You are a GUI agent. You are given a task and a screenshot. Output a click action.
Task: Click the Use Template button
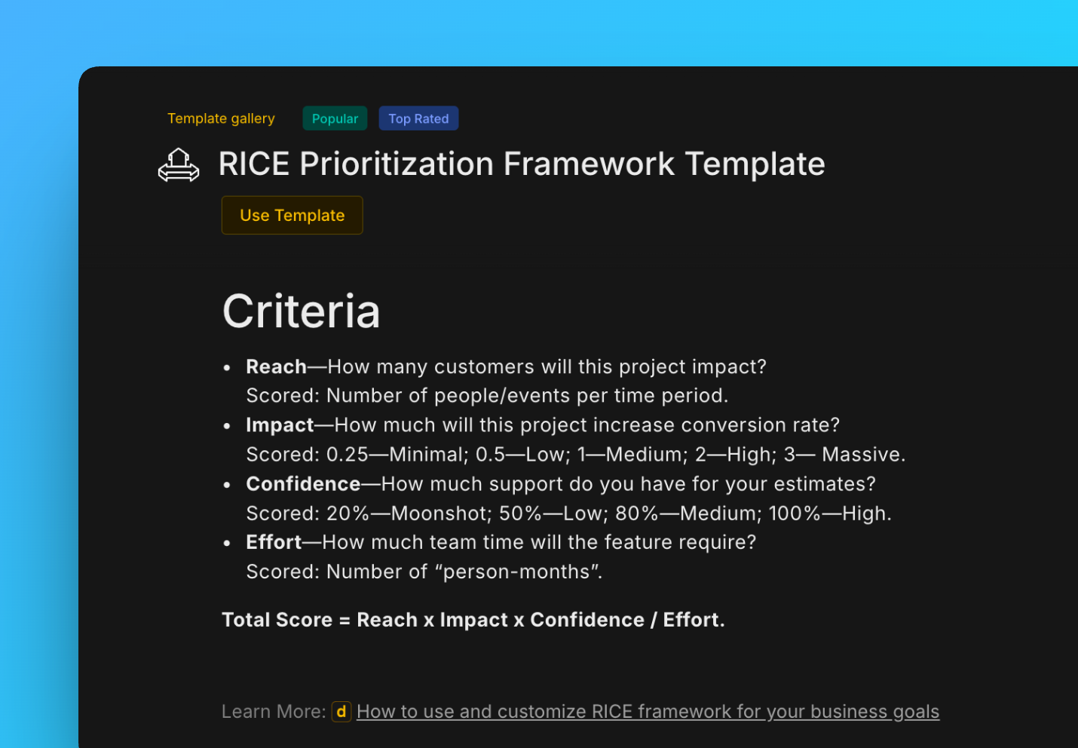(x=292, y=215)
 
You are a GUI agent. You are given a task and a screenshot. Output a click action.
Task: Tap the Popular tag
(x=335, y=118)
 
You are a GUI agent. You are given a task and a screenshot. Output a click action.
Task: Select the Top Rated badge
(x=418, y=118)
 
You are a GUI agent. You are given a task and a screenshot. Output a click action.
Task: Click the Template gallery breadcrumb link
(x=221, y=118)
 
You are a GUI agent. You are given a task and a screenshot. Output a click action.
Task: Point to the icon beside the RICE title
(x=179, y=165)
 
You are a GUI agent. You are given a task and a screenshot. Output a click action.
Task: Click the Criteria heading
(x=302, y=311)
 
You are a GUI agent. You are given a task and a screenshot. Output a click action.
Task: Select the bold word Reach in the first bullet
(x=276, y=366)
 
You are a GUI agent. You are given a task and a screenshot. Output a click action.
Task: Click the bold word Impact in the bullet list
(x=280, y=425)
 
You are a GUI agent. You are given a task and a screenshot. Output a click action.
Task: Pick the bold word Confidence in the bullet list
(x=303, y=484)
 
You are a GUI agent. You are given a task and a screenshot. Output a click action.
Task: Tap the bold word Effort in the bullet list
(x=274, y=542)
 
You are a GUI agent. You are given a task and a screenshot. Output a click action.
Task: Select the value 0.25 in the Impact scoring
(x=347, y=455)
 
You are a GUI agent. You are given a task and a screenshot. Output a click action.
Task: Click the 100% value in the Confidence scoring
(x=795, y=513)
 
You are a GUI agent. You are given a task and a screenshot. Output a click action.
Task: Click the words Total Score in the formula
(x=277, y=620)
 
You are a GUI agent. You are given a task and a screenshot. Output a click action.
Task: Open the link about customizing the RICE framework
(x=648, y=711)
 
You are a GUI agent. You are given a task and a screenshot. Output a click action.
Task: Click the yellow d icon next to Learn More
(x=341, y=712)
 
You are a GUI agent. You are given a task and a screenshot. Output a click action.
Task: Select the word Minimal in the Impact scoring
(x=427, y=455)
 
